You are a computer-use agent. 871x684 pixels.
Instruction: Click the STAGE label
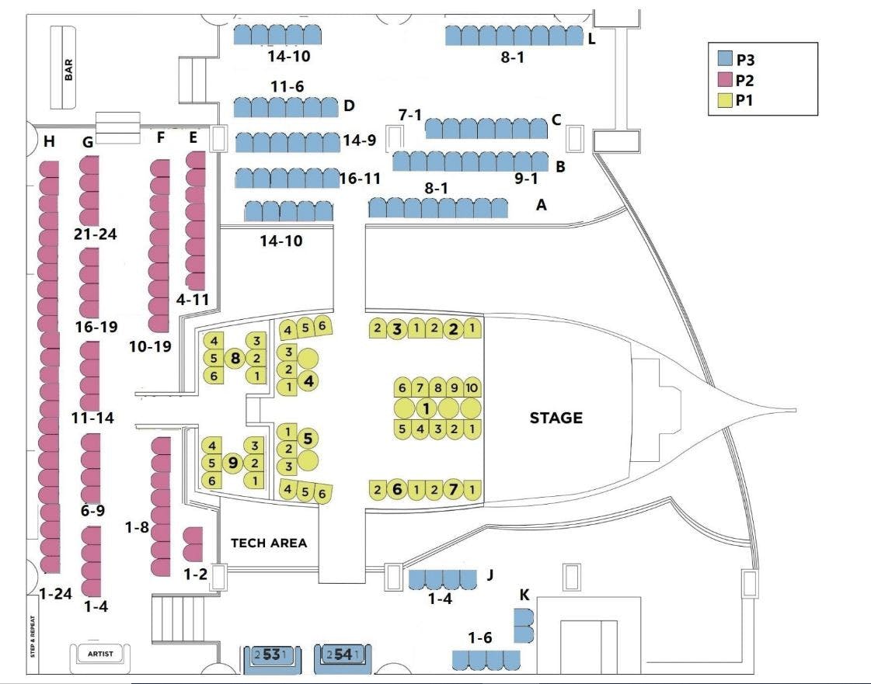556,418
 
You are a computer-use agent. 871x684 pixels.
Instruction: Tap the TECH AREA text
269,543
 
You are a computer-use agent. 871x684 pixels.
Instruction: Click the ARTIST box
100,654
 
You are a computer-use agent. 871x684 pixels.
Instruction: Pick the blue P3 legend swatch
725,58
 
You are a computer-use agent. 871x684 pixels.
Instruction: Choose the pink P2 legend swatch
725,79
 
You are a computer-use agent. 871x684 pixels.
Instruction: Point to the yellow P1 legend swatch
725,100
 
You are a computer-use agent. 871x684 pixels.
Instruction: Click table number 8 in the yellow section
235,358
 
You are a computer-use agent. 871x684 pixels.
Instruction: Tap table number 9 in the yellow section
232,463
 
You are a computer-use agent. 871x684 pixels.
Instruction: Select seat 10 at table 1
472,387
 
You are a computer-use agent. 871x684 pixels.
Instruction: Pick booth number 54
343,655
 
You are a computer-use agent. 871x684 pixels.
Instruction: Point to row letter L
592,39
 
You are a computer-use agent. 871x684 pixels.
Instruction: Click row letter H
50,141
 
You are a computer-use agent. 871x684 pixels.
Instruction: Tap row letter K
525,595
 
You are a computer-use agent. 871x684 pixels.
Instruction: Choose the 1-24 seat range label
55,594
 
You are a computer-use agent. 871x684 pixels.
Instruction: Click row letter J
490,575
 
